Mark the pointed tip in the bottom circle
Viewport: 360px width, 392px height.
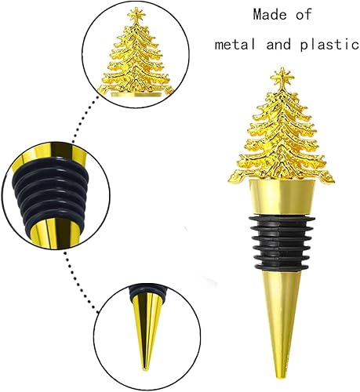[144, 365]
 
